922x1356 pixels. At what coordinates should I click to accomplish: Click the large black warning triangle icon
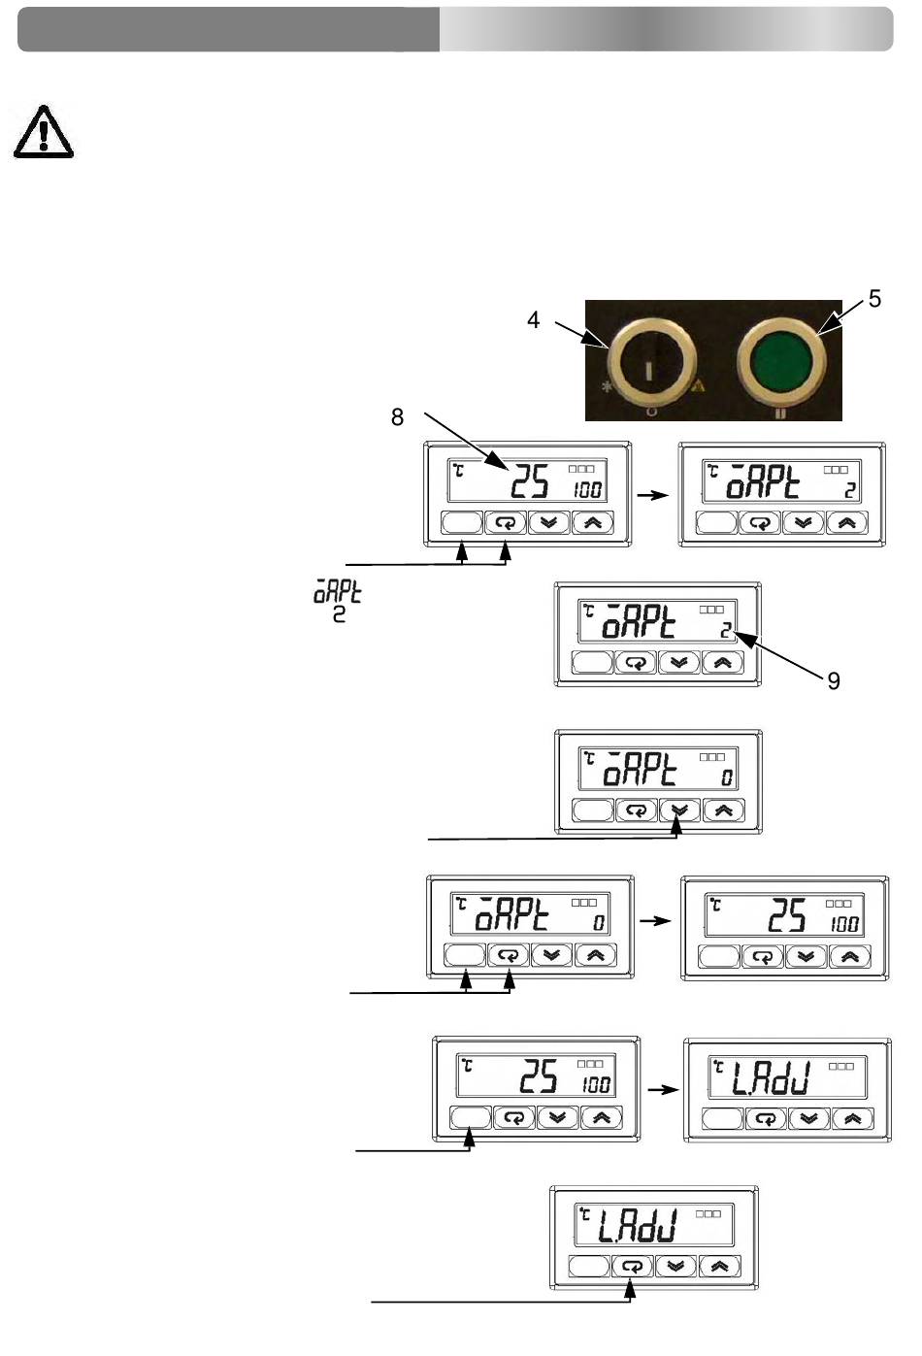pos(44,132)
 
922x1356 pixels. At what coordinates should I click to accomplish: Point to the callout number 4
pos(534,319)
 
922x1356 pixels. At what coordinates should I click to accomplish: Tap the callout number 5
pos(874,298)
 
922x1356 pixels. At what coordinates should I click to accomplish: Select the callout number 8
pos(397,416)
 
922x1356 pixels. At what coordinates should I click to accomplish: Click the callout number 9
pos(834,681)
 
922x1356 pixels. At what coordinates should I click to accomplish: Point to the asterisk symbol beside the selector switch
pos(606,385)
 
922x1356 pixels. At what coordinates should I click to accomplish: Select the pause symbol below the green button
pos(780,414)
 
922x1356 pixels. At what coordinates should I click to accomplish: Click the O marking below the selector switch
pos(651,412)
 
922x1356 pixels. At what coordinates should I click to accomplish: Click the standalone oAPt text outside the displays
pos(337,593)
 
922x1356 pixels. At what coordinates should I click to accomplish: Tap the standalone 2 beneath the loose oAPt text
pos(339,614)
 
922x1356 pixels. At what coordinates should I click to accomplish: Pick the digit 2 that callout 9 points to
pos(725,630)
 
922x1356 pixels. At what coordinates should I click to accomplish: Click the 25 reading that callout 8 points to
pos(530,481)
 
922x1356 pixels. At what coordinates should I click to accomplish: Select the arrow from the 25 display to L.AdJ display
pos(663,1090)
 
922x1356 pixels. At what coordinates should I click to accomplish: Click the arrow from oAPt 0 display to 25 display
pos(656,920)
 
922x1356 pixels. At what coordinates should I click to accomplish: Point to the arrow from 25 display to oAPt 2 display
pos(652,495)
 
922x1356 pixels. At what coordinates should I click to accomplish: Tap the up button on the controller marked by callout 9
pos(722,662)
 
